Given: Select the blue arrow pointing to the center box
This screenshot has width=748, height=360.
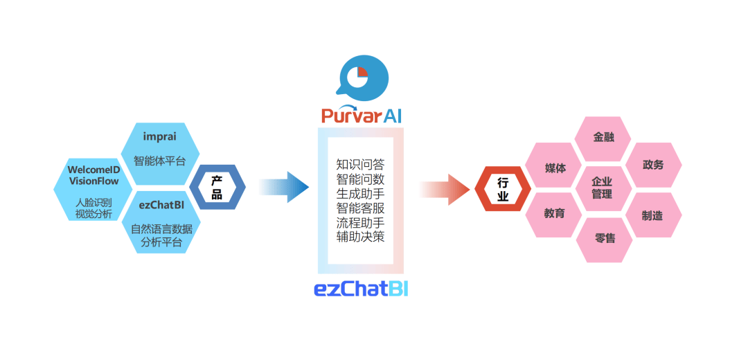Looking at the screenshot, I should [284, 187].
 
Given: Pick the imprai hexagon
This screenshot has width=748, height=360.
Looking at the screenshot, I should [160, 148].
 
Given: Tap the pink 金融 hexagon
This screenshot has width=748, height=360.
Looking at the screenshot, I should [603, 137].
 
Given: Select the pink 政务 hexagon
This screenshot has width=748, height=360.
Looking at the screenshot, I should [652, 165].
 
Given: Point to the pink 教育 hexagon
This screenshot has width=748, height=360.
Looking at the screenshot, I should [554, 213].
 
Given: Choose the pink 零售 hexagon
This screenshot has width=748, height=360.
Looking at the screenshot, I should [604, 239].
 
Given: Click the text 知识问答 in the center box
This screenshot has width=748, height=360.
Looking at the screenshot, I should [360, 165].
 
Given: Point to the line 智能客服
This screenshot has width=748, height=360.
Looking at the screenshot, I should [360, 208].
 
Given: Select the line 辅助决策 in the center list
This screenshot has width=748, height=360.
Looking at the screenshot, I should [360, 237].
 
